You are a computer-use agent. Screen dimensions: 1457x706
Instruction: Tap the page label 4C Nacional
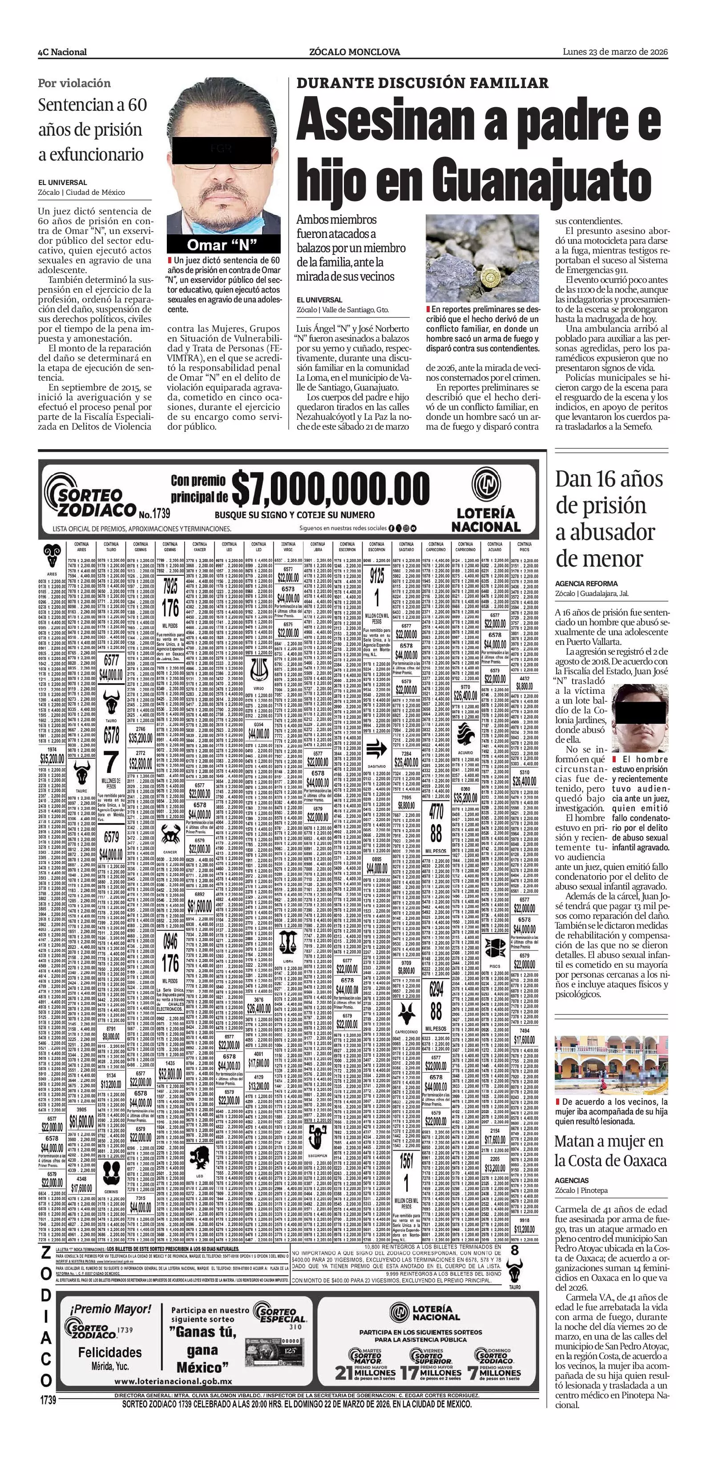pyautogui.click(x=62, y=52)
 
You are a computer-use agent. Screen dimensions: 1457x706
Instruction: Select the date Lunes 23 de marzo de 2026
pyautogui.click(x=615, y=52)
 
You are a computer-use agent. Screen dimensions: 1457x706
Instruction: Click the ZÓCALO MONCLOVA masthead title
pyautogui.click(x=355, y=52)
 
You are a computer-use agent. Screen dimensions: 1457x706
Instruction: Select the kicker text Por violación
pyautogui.click(x=74, y=83)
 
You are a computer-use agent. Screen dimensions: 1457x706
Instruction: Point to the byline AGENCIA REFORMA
pyautogui.click(x=586, y=584)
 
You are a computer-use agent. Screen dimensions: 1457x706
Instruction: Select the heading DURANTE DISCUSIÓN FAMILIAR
pyautogui.click(x=422, y=83)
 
